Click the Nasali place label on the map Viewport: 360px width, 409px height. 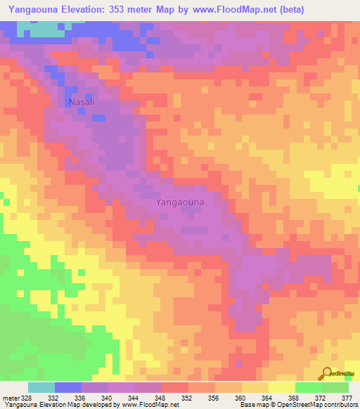[x=81, y=102]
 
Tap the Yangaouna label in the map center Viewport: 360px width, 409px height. [x=179, y=202]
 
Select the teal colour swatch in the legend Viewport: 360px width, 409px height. [x=41, y=387]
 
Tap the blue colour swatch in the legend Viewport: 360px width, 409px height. [x=68, y=387]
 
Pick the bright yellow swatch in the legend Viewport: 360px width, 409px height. [x=282, y=387]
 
